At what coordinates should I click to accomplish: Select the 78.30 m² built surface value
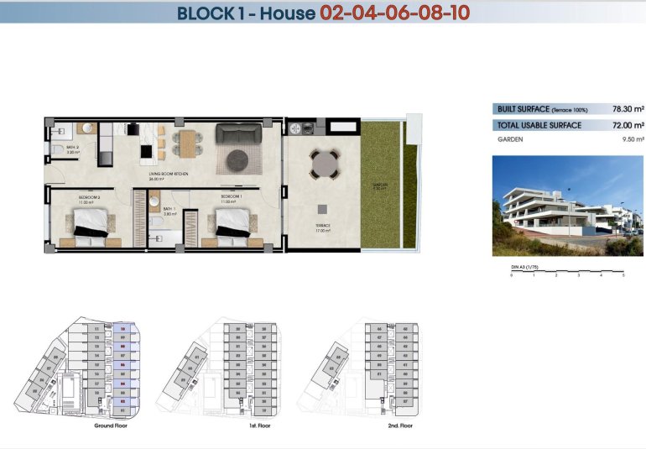pyautogui.click(x=628, y=109)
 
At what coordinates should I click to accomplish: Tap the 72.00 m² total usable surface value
pyautogui.click(x=628, y=124)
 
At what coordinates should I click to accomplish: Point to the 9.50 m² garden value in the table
pyautogui.click(x=632, y=139)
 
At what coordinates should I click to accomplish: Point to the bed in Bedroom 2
pyautogui.click(x=89, y=225)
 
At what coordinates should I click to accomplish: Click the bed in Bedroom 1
pyautogui.click(x=230, y=225)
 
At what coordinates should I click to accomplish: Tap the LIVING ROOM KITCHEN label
pyautogui.click(x=168, y=174)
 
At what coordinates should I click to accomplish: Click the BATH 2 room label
pyautogui.click(x=72, y=149)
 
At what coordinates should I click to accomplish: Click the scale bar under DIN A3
pyautogui.click(x=567, y=272)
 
